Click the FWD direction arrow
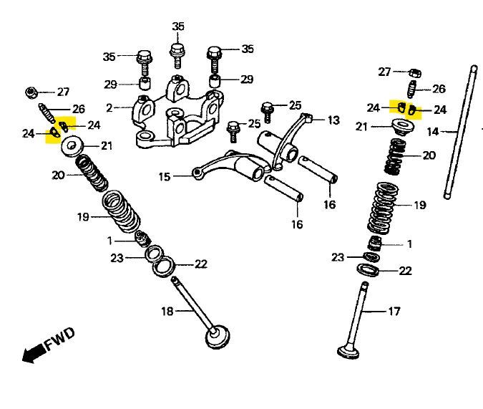34,353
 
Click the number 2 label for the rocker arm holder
109,108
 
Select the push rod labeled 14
460,133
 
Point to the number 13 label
333,120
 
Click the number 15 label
165,177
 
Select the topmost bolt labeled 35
177,56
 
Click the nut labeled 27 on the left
31,92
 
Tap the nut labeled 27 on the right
415,73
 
